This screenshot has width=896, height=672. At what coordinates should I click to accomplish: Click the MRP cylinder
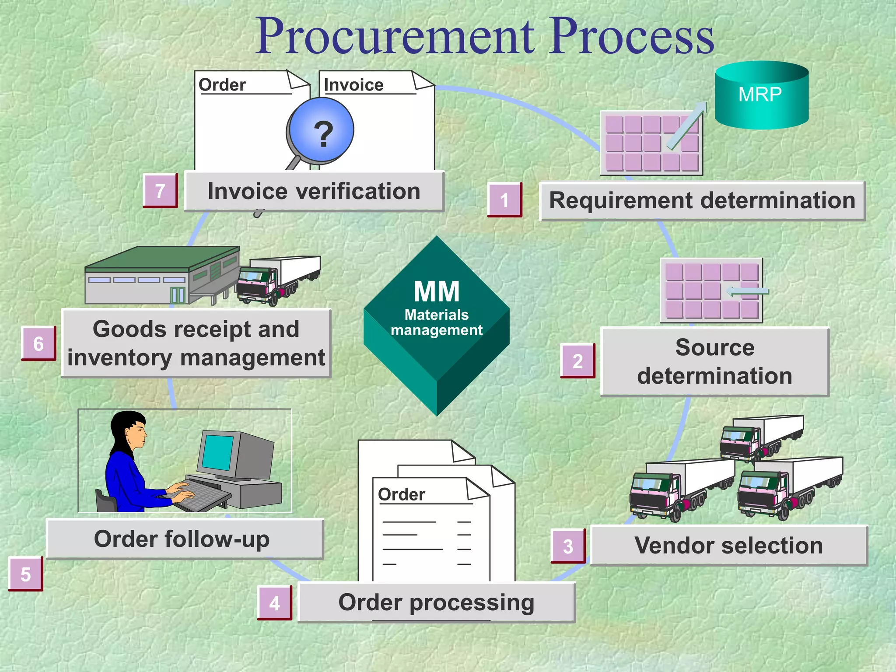click(761, 95)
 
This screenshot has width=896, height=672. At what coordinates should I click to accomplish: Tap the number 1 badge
click(505, 200)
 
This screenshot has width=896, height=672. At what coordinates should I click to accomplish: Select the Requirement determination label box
click(702, 201)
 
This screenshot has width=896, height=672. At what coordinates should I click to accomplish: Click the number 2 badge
click(577, 361)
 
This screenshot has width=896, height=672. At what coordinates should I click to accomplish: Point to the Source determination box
click(714, 361)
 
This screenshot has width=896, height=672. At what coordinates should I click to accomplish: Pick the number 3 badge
click(568, 546)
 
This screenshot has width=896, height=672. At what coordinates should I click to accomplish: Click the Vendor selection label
click(728, 546)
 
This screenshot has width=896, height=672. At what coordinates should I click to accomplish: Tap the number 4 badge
click(274, 603)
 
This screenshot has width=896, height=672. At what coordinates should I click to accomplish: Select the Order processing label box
click(436, 602)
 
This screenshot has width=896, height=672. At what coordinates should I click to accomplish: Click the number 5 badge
click(25, 574)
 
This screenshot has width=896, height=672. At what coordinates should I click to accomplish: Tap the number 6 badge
click(38, 343)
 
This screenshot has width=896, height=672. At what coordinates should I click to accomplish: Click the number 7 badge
click(160, 191)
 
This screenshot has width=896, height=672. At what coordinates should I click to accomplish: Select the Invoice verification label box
click(314, 192)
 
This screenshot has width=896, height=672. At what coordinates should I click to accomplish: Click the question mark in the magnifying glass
click(323, 133)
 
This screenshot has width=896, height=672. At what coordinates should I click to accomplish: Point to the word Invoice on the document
click(353, 84)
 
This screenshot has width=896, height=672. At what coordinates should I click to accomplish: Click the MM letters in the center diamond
click(436, 292)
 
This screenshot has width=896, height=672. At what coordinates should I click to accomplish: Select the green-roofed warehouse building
click(162, 276)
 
